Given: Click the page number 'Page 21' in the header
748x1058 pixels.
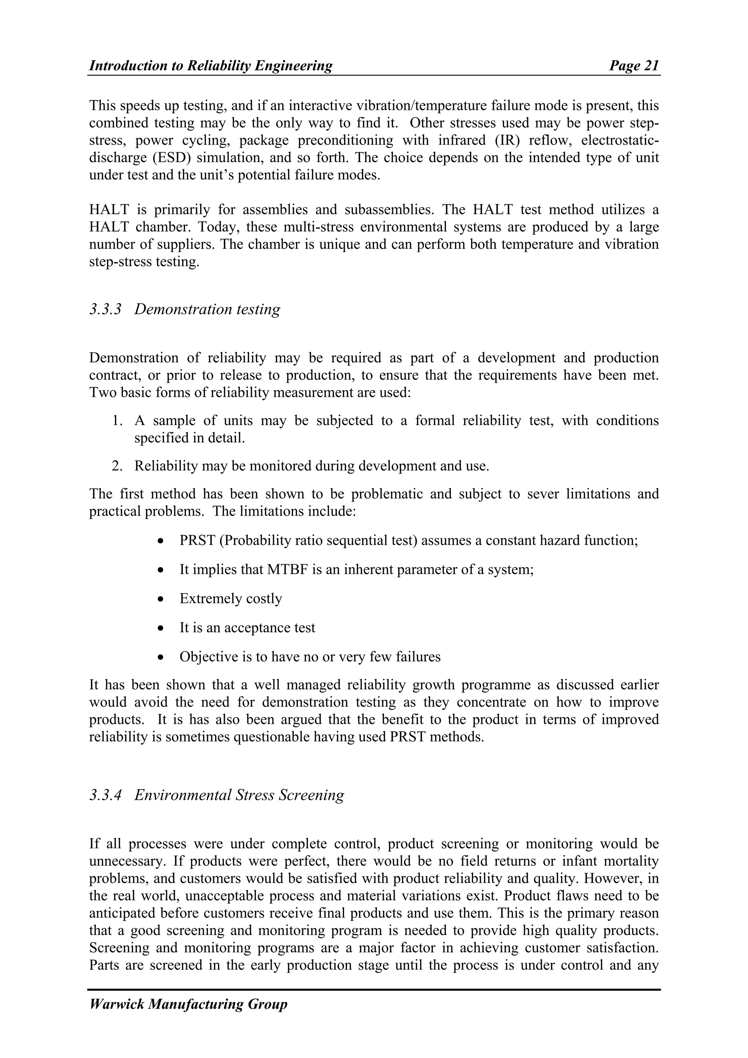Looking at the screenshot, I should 634,66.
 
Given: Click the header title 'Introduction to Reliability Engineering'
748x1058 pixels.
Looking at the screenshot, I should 211,66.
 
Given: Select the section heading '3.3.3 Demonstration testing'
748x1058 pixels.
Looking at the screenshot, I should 184,309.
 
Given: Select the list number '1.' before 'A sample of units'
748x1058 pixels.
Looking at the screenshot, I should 117,421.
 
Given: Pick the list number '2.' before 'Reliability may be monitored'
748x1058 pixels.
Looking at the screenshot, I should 117,466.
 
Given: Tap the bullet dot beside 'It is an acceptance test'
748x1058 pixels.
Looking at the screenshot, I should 160,629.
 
